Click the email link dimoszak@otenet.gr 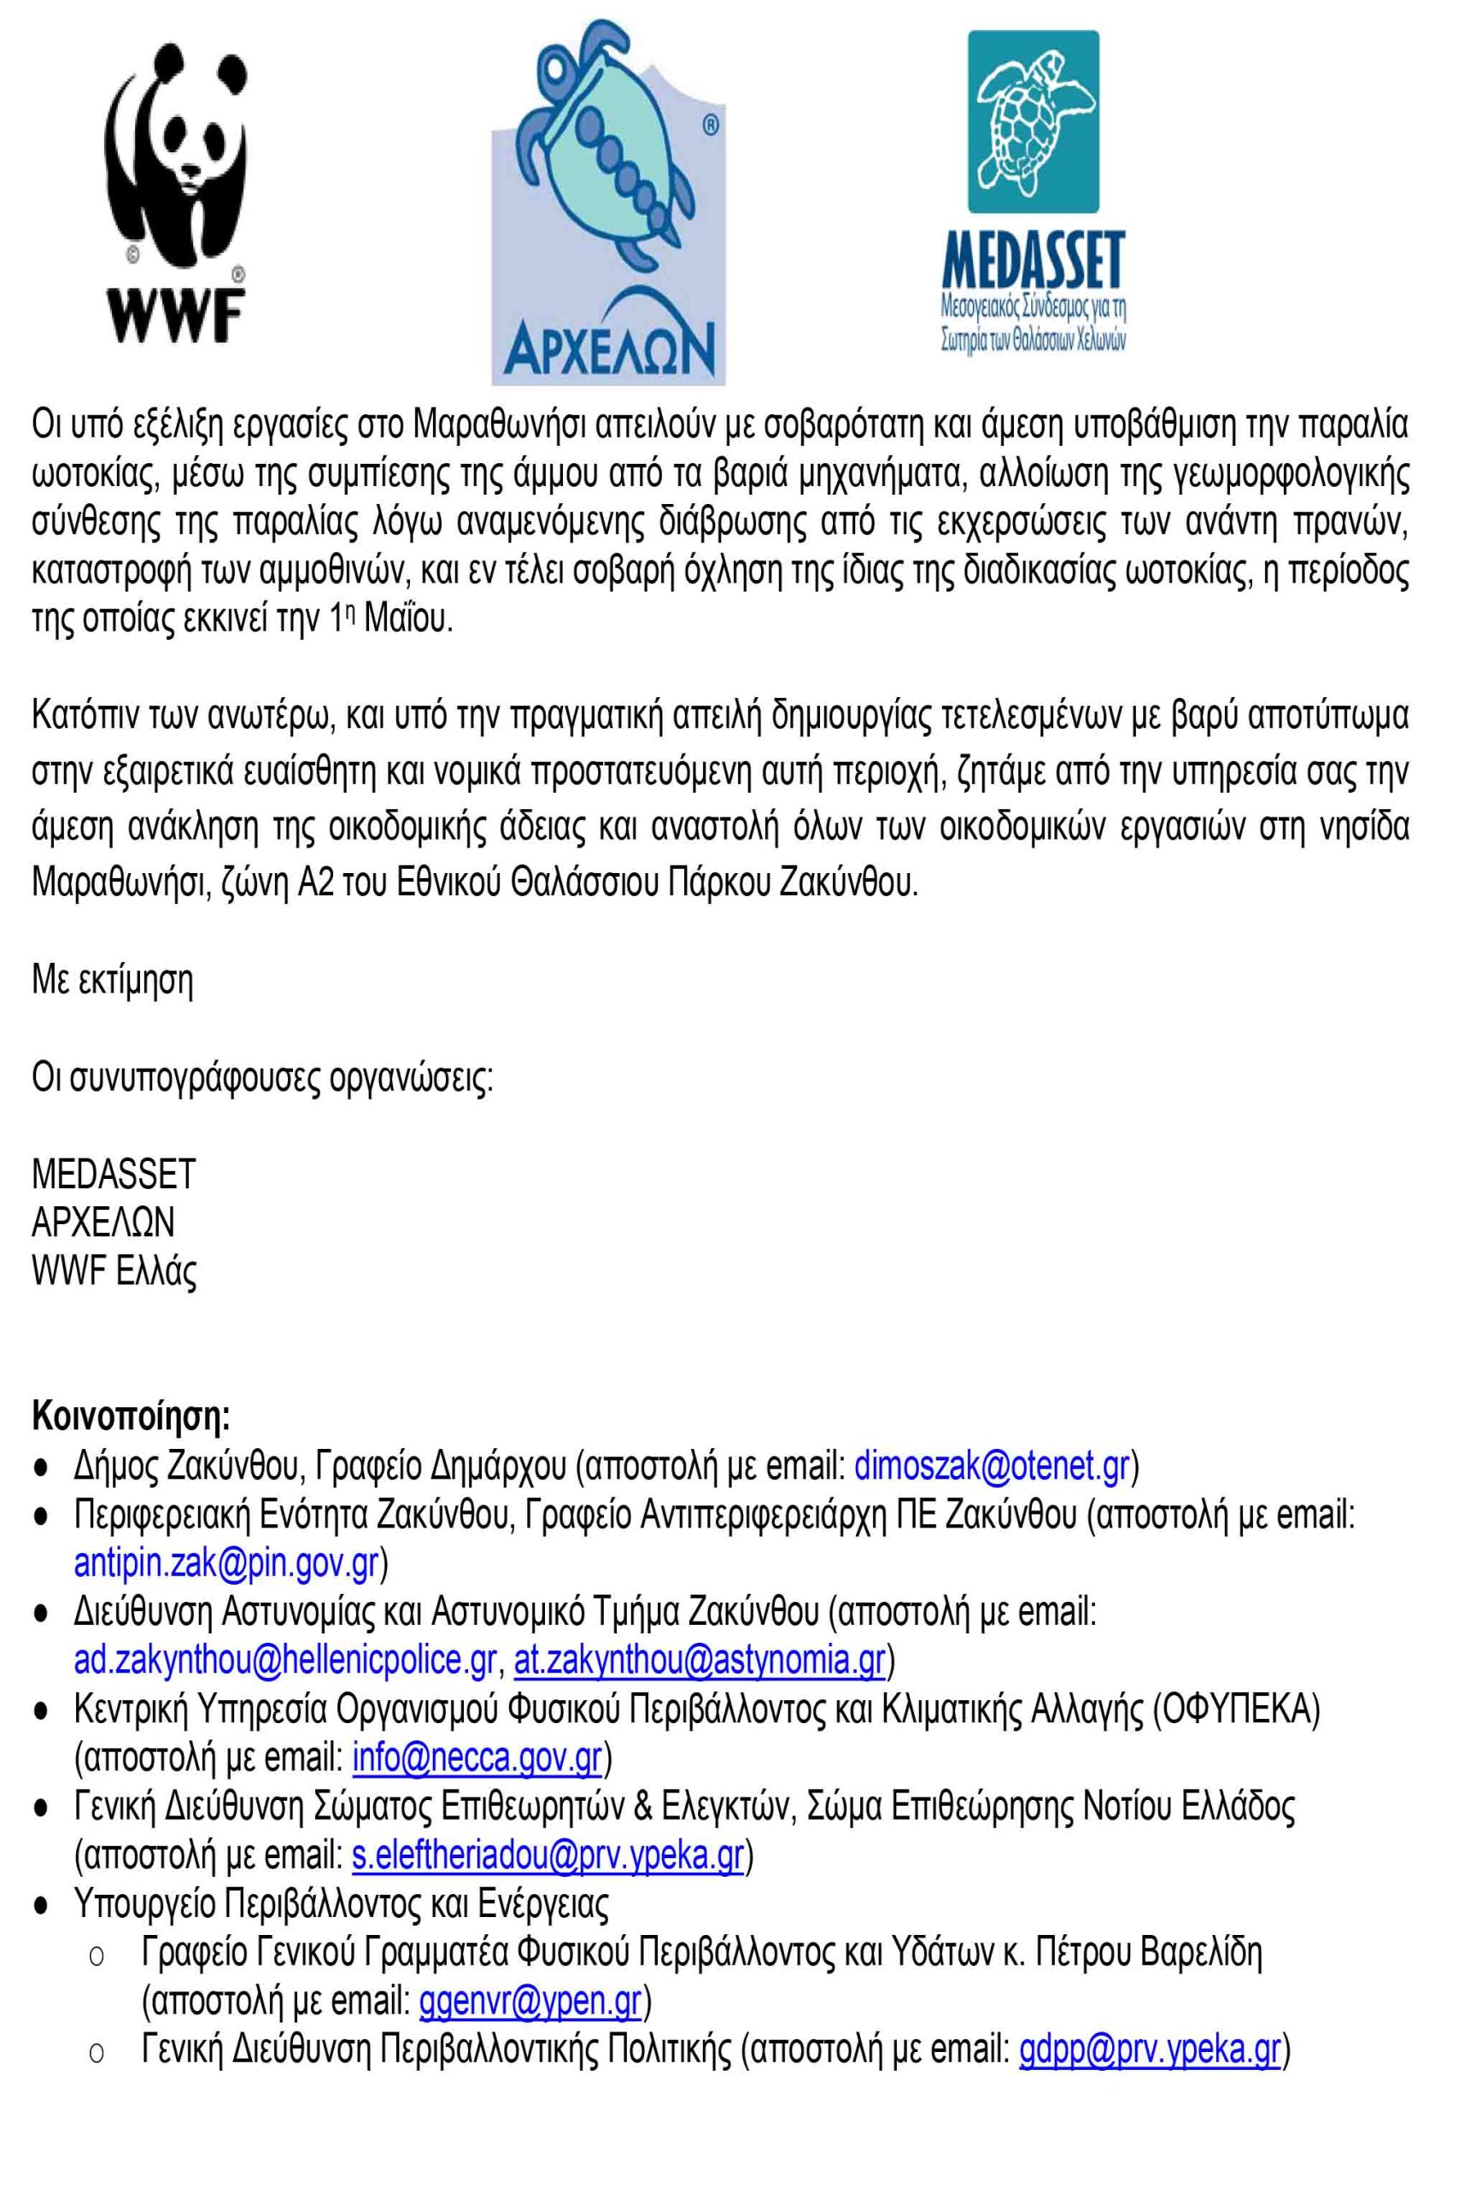click(x=991, y=1467)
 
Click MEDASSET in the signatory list click(x=113, y=1174)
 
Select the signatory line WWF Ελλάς click(x=114, y=1270)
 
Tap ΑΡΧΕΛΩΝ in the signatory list click(x=103, y=1222)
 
